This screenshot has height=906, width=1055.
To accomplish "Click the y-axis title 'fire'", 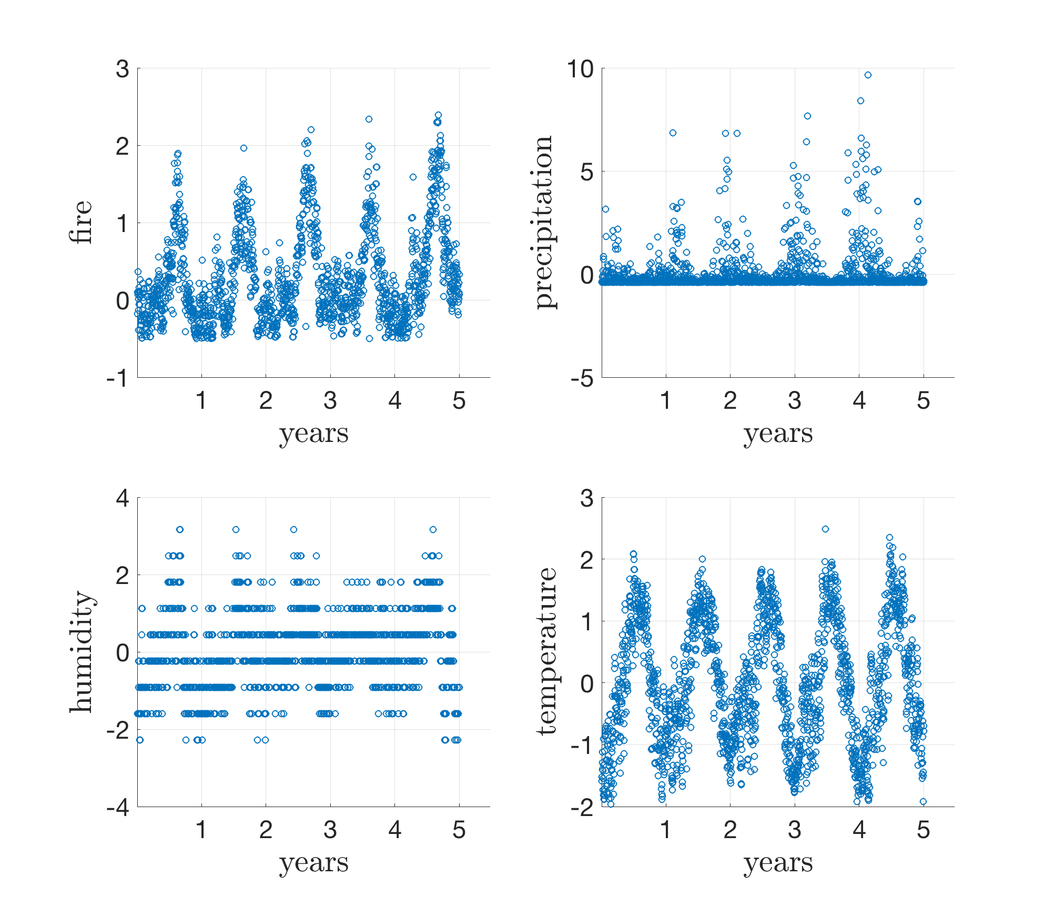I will [x=81, y=222].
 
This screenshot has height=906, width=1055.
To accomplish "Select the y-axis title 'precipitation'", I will [x=544, y=222].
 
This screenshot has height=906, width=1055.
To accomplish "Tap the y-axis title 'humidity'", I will [x=81, y=652].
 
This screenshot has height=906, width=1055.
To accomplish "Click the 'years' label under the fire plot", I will [x=313, y=434].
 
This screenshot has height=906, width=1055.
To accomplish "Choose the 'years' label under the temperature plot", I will [x=778, y=863].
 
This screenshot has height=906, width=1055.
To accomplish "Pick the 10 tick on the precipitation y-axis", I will [x=580, y=69].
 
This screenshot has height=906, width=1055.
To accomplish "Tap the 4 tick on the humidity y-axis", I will [x=123, y=498].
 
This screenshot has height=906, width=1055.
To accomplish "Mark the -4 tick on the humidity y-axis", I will [x=118, y=808].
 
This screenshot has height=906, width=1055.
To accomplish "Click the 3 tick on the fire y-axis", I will [x=123, y=69].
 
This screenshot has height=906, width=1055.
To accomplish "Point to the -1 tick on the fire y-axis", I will [x=118, y=378].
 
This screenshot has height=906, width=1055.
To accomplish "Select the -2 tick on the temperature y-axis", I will [x=583, y=808].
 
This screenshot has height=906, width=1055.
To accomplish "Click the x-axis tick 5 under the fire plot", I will [x=459, y=401].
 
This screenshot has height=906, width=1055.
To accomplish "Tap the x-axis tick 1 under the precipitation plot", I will [x=666, y=401].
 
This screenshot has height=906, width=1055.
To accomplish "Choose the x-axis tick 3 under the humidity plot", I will [x=330, y=831].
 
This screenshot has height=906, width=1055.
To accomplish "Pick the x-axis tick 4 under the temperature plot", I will [x=859, y=831].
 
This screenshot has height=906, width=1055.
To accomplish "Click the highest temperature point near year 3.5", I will [x=825, y=529].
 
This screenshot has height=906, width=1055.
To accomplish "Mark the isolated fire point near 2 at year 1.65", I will [x=244, y=148].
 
